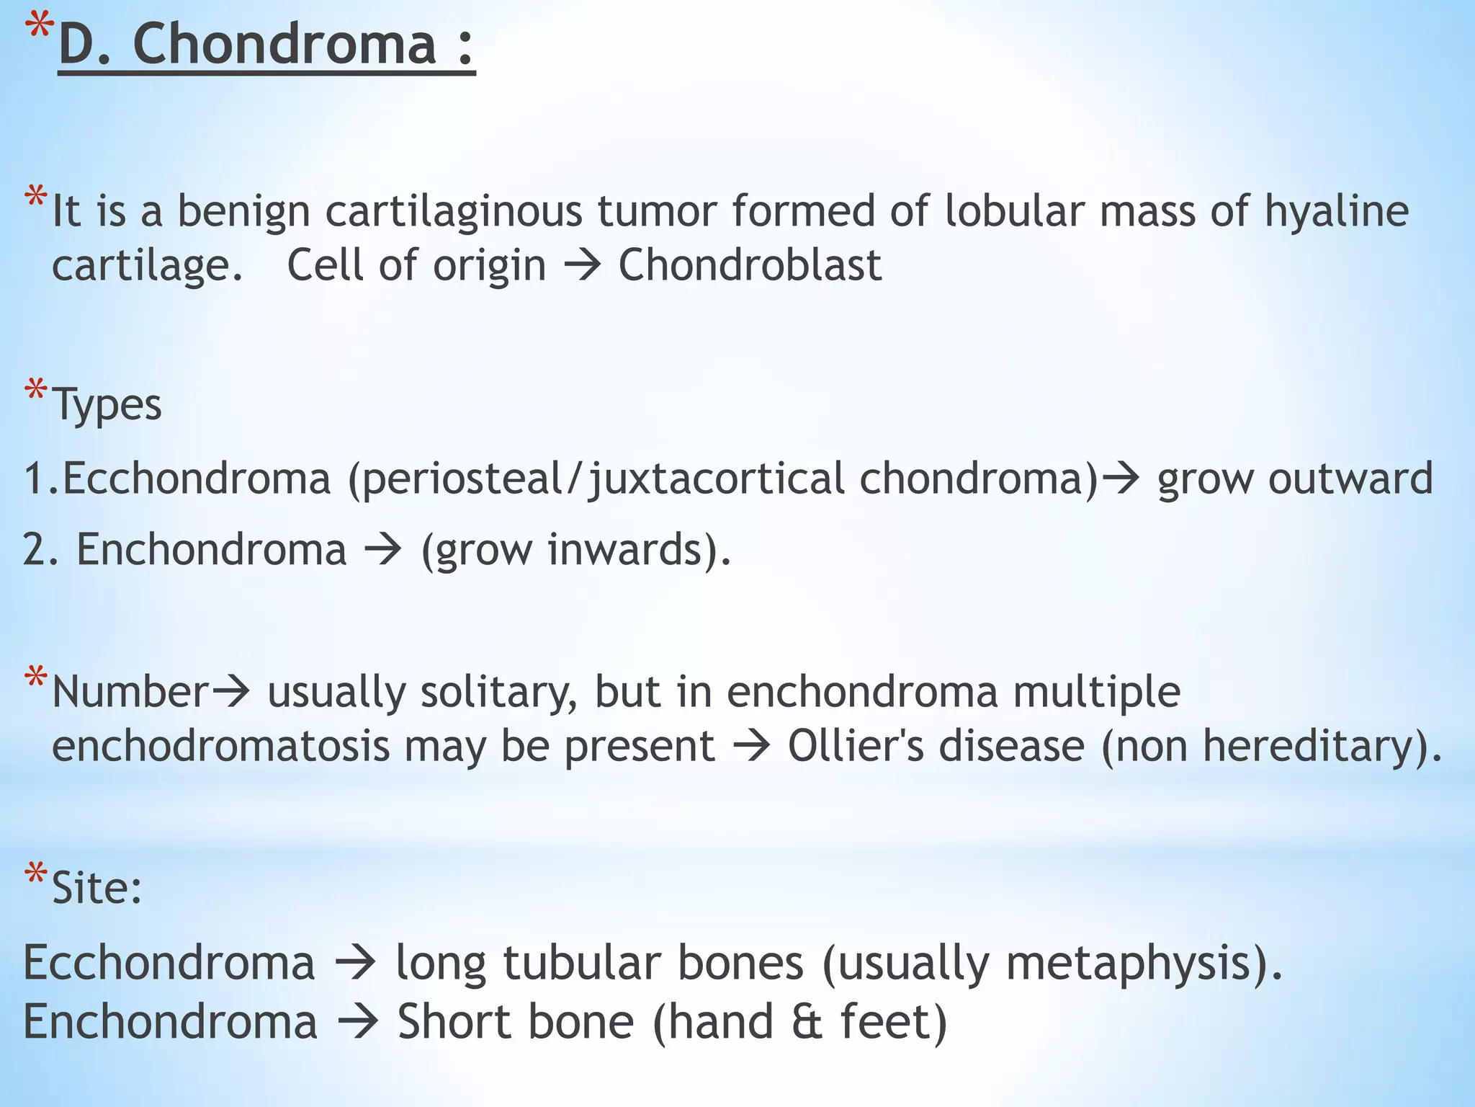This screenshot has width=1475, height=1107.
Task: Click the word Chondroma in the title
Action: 285,44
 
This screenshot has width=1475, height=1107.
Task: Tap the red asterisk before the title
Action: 40,27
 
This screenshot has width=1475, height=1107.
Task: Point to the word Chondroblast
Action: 750,264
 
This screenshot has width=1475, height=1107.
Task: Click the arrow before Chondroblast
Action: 582,266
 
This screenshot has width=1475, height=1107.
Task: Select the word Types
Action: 107,405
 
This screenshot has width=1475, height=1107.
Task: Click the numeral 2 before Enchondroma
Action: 35,550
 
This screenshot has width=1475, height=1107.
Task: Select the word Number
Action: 130,692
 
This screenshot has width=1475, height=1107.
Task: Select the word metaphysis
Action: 1128,964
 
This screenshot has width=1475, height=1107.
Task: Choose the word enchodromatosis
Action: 221,747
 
